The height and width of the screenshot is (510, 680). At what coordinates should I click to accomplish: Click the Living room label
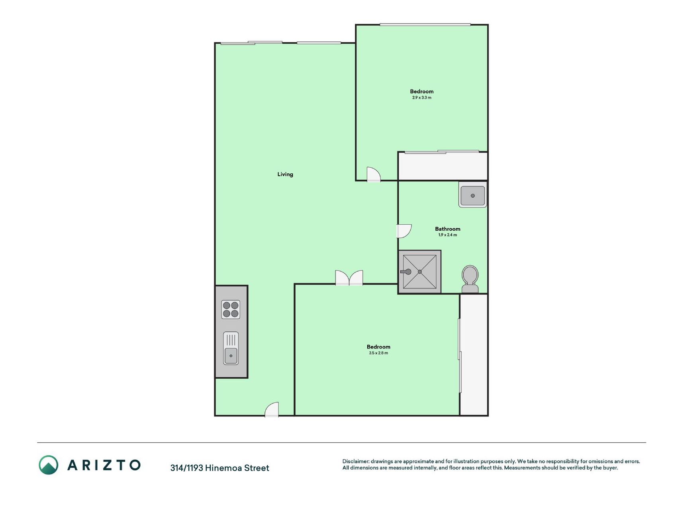pos(285,174)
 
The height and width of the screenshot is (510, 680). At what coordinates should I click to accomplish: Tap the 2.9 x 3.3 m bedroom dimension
pos(422,98)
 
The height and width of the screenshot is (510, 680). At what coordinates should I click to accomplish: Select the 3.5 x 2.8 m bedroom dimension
pos(378,353)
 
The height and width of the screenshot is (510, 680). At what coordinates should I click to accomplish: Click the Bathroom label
pos(448,229)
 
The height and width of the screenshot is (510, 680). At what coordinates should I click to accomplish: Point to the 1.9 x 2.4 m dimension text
pos(448,235)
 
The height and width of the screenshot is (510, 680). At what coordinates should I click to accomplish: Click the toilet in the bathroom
pos(470,279)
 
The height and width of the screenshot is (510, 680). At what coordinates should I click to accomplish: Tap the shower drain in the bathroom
pos(420,272)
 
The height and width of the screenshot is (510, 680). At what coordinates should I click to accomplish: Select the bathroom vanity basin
pos(473,195)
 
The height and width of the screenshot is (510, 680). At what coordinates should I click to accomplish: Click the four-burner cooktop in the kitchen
pos(231,310)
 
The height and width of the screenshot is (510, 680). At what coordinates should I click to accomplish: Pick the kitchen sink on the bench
pos(231,348)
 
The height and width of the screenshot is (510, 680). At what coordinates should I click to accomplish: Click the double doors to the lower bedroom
pos(349,278)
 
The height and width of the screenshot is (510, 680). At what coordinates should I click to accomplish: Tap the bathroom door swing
pos(404,231)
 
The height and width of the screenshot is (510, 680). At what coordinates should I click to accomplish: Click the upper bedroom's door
pos(374,174)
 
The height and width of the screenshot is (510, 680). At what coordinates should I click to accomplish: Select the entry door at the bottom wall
pos(272,409)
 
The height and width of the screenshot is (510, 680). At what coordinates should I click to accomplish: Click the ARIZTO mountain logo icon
pos(49,465)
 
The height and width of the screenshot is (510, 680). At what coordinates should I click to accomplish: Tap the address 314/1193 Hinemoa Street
pos(220,468)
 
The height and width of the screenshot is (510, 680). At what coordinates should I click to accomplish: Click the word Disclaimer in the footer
pos(356,461)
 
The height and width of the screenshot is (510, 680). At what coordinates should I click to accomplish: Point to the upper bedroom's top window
pos(425,25)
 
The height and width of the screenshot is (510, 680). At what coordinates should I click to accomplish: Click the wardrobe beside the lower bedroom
pos(474,355)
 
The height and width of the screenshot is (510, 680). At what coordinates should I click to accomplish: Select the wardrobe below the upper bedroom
pos(443,166)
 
